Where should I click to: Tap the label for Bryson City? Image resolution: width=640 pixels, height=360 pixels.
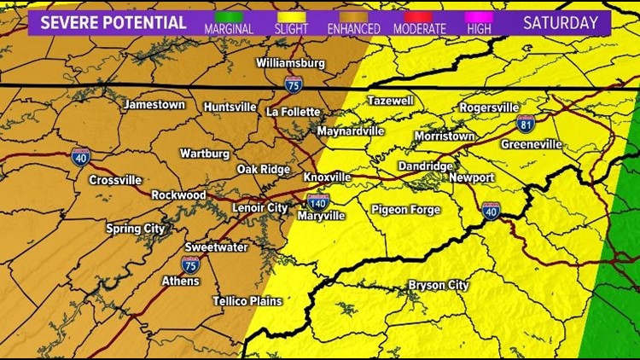click(439, 285)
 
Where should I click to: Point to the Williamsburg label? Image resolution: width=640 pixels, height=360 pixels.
click(291, 63)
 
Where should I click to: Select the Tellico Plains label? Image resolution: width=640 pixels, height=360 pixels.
click(247, 301)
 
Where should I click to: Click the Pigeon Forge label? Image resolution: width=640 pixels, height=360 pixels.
click(405, 210)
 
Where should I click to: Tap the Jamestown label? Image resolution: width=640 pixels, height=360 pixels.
click(154, 105)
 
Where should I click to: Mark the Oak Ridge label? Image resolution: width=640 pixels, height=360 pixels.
click(264, 169)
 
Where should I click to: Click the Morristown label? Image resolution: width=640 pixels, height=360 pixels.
click(444, 136)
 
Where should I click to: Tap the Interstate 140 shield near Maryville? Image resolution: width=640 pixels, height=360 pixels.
click(318, 201)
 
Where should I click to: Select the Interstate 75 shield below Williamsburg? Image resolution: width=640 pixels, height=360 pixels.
click(292, 83)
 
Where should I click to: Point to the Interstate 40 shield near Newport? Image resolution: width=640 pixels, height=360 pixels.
click(491, 211)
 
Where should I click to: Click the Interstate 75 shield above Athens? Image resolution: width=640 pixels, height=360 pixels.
click(190, 264)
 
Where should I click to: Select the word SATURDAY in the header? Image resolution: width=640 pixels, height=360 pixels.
click(560, 22)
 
